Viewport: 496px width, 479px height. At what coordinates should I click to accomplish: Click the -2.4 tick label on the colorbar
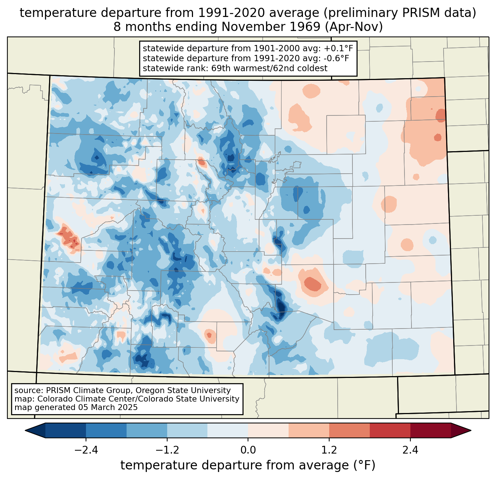coord(86,450)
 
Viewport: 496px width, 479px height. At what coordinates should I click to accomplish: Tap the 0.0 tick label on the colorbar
coord(248,450)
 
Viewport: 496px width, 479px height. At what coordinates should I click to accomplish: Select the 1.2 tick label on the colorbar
coord(329,450)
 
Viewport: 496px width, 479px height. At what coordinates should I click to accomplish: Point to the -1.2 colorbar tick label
coord(167,450)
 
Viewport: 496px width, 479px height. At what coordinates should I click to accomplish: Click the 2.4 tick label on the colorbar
coord(410,450)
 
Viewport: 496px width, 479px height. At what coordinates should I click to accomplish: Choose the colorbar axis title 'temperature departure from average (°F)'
coord(248,465)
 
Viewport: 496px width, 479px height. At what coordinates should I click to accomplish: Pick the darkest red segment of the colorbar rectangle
coord(431,430)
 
